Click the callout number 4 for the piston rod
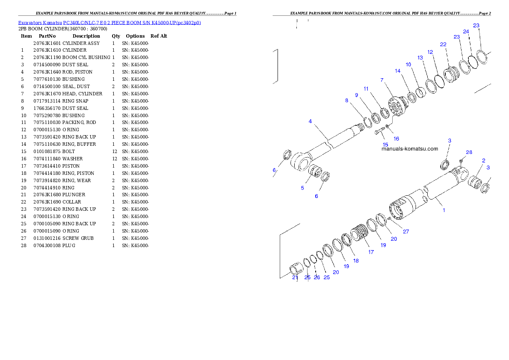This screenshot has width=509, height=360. [310, 121]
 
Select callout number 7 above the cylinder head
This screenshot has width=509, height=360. [382, 80]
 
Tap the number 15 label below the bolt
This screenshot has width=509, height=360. [385, 145]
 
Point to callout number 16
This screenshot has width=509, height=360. [396, 139]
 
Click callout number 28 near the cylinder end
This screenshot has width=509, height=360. [469, 152]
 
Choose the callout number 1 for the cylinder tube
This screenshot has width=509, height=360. [444, 210]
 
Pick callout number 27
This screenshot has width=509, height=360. [406, 232]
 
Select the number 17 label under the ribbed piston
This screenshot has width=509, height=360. [371, 252]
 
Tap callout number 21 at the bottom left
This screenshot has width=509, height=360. [295, 277]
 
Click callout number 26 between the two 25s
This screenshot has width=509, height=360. [317, 277]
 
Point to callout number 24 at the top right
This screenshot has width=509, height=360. [466, 31]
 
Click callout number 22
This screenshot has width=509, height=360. [443, 44]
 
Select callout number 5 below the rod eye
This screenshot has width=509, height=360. [302, 188]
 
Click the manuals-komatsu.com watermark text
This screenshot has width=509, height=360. [410, 149]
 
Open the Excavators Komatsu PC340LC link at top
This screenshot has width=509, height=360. [109, 22]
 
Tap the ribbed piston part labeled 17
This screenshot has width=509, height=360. [360, 234]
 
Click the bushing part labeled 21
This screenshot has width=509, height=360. [295, 269]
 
